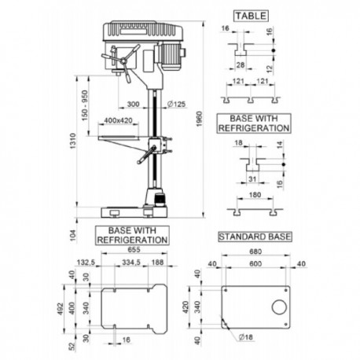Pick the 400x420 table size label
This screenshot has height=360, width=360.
coord(118,120)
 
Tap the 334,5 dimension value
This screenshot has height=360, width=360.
coord(132,264)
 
